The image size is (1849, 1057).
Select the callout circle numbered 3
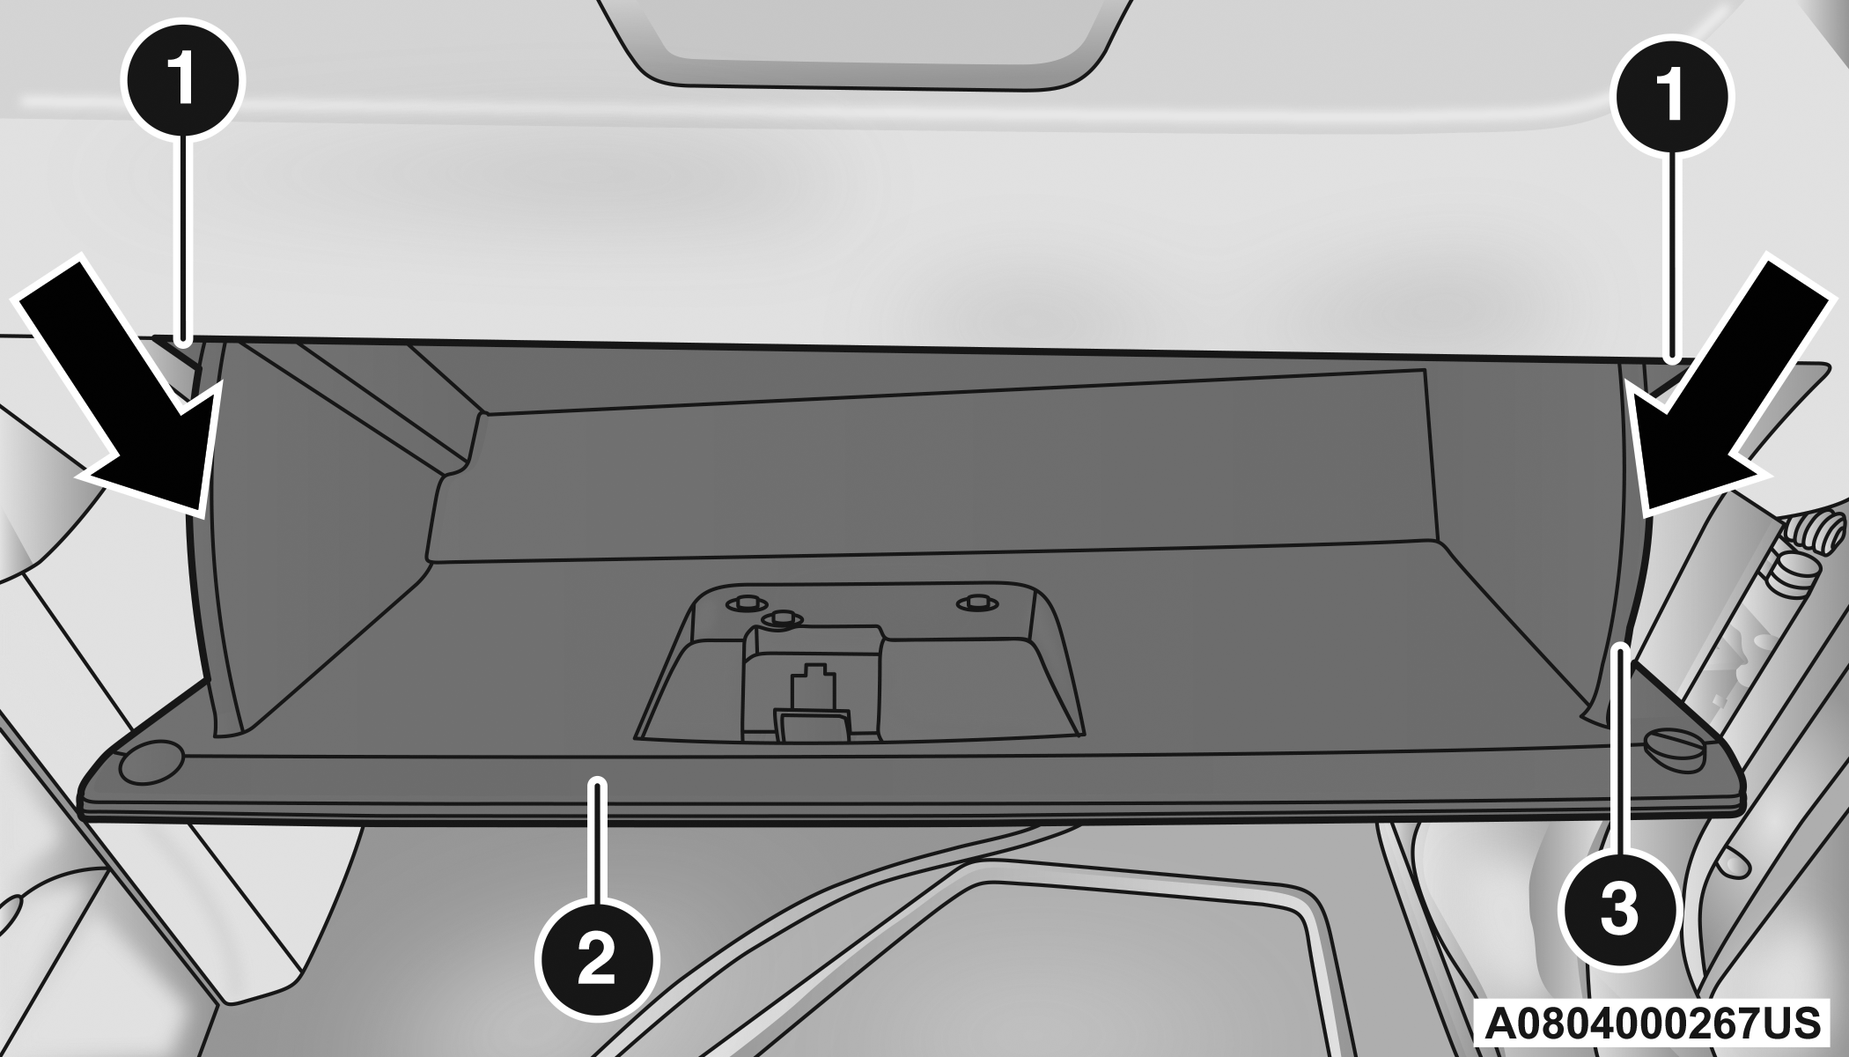coord(1618,909)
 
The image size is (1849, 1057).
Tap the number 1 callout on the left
coord(183,81)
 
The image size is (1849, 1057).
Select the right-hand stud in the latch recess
coord(972,602)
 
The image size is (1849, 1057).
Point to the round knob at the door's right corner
coord(1675,730)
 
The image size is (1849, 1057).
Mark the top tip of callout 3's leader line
coord(1619,647)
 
